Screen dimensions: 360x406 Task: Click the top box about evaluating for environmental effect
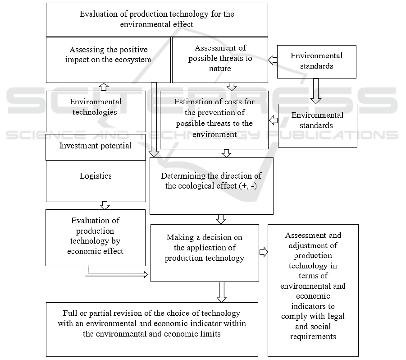[x=157, y=19]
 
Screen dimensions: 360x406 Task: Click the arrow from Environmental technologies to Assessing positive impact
[x=104, y=86]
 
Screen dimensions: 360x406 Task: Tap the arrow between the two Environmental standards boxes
[x=315, y=91]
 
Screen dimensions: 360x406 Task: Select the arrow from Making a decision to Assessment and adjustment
[x=264, y=252]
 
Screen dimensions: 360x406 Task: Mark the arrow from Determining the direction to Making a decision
[x=221, y=219]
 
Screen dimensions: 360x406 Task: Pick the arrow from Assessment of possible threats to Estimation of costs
[x=232, y=86]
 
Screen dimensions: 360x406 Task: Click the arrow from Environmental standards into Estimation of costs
[x=273, y=120]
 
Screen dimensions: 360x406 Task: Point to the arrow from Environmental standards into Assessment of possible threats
[x=272, y=59]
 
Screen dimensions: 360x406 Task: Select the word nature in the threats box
[x=220, y=69]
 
